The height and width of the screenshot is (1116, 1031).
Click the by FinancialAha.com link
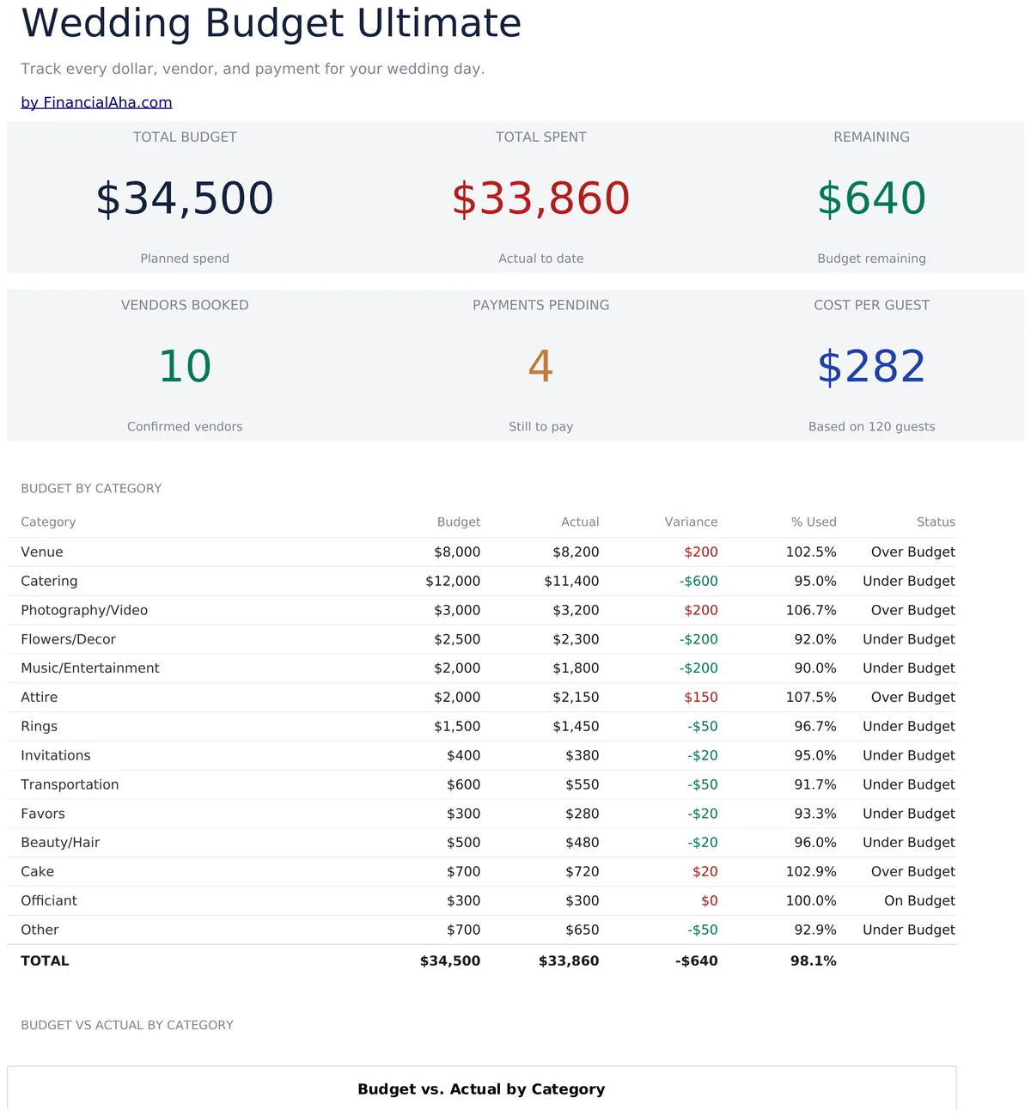pos(96,102)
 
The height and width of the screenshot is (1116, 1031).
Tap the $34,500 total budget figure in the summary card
pos(185,198)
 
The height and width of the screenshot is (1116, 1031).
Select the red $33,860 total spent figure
pos(540,198)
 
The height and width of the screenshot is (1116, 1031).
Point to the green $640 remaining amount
pos(871,198)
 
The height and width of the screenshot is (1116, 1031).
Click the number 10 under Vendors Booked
pos(185,366)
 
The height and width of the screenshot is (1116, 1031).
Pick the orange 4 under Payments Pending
pos(540,366)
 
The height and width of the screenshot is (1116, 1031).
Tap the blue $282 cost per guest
pos(871,366)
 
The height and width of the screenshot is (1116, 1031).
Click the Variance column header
pos(691,522)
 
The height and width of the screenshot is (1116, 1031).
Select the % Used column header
pos(814,522)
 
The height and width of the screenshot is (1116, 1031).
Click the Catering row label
pos(49,581)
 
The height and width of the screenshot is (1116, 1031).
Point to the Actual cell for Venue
pos(576,552)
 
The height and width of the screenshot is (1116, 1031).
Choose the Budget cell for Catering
pos(453,581)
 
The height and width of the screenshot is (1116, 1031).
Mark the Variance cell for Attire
pos(701,698)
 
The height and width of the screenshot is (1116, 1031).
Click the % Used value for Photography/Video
pos(811,610)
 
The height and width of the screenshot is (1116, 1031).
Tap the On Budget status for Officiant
pos(919,900)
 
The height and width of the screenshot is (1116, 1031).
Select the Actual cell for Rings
pos(576,727)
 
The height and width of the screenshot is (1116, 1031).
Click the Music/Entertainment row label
pos(90,668)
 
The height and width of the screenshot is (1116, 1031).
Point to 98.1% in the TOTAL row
pos(814,960)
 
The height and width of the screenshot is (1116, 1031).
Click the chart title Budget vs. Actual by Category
pos(481,1089)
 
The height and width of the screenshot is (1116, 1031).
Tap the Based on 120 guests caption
pos(871,426)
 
